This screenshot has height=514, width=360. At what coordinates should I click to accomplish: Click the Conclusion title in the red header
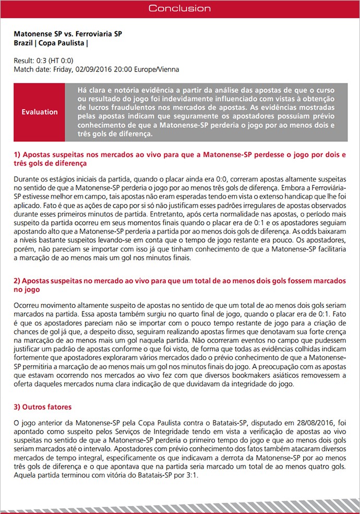pyautogui.click(x=179, y=8)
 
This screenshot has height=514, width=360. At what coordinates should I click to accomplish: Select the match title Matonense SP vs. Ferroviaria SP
pyautogui.click(x=68, y=34)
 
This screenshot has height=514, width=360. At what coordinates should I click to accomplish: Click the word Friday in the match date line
pyautogui.click(x=63, y=69)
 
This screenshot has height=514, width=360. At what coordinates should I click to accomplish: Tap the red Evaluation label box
pyautogui.click(x=40, y=112)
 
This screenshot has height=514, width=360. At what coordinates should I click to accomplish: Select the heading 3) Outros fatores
pyautogui.click(x=43, y=407)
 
